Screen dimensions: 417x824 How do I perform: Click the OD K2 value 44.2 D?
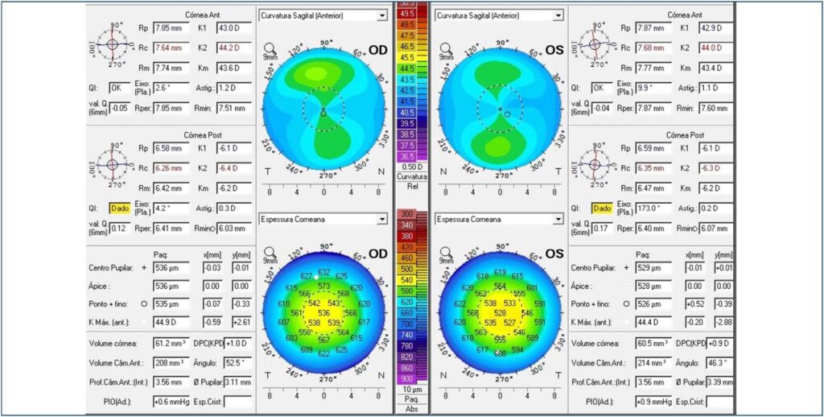(x=234, y=48)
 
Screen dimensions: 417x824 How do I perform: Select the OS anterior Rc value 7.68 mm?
(x=653, y=48)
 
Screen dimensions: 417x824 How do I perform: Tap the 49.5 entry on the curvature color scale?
(x=406, y=14)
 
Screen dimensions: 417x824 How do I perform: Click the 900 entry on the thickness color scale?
(x=406, y=378)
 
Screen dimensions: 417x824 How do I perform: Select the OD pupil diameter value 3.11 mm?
(x=234, y=382)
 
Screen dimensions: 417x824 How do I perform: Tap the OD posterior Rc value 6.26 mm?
(x=171, y=168)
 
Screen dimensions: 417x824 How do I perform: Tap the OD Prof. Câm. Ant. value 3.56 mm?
(x=171, y=382)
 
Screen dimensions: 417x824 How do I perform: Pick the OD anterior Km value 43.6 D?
(x=234, y=68)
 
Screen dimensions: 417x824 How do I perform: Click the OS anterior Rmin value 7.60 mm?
(x=715, y=106)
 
